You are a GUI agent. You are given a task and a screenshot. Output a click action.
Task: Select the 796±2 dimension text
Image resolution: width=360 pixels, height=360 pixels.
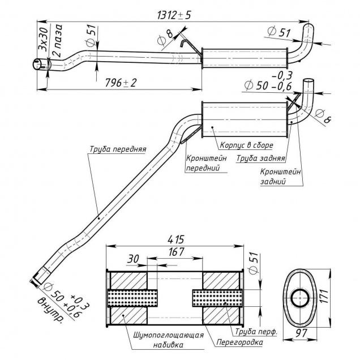pos(122,82)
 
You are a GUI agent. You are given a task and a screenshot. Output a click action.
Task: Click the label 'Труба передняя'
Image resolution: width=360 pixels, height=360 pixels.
pos(117,150)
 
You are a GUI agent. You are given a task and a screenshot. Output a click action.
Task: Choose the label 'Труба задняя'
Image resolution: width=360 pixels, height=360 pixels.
pos(260,159)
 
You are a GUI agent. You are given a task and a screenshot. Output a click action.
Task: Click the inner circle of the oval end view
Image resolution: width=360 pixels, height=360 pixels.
pos(298,298)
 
